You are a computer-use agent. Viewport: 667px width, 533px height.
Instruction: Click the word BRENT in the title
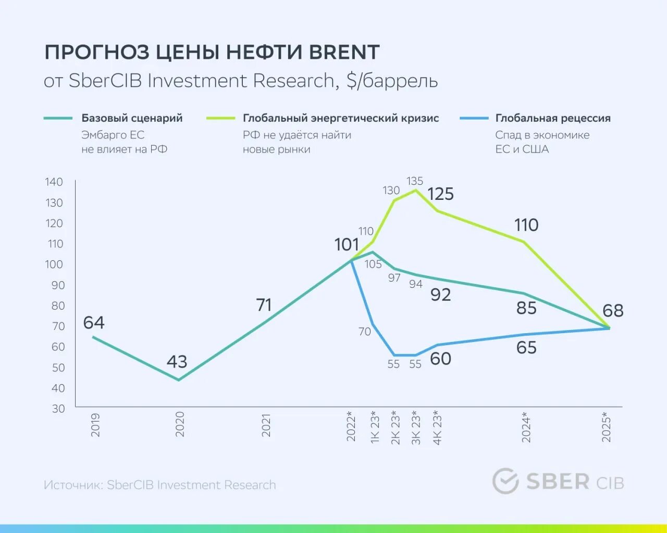(344, 53)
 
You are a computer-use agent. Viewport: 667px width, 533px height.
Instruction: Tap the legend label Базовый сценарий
(132, 118)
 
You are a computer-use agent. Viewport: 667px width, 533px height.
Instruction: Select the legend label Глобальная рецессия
(552, 118)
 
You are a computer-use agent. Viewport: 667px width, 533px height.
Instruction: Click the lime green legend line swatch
(220, 118)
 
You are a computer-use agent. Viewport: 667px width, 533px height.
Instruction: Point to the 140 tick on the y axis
(54, 182)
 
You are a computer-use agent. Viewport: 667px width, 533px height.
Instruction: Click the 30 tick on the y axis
(58, 409)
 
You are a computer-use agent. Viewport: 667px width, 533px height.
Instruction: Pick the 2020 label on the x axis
(180, 424)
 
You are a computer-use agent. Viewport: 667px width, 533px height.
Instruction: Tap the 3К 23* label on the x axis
(416, 428)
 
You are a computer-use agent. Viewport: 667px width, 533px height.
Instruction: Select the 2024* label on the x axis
(526, 427)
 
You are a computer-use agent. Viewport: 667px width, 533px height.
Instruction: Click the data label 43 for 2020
(177, 361)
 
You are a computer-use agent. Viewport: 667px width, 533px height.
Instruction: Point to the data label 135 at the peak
(415, 181)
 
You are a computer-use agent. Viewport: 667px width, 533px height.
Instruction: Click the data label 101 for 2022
(347, 245)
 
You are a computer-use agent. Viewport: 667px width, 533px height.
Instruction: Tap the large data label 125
(440, 194)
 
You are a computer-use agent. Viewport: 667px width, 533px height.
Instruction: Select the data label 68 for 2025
(613, 311)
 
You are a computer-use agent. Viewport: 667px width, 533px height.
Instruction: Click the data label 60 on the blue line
(440, 359)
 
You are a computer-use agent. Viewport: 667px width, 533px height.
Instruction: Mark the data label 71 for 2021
(264, 305)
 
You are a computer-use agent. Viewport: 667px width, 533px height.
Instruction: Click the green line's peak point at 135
(415, 191)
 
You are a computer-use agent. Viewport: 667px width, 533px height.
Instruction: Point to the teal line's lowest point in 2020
(179, 380)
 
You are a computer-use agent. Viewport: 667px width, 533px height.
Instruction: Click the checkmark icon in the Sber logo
(505, 480)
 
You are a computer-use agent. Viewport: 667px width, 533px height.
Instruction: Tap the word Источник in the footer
(72, 485)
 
